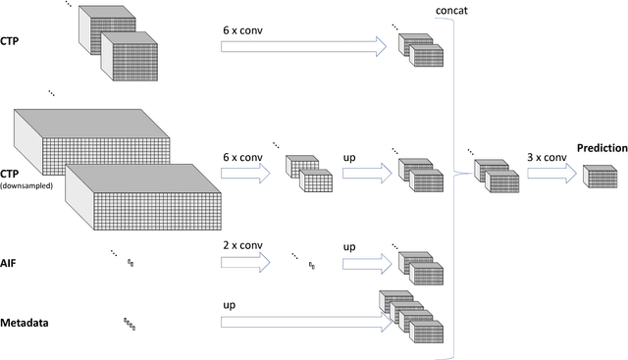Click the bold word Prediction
(x=601, y=148)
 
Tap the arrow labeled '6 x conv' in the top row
(x=304, y=44)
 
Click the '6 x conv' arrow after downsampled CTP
(x=244, y=175)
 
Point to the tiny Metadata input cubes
(x=129, y=322)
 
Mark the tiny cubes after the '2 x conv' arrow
(x=312, y=264)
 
